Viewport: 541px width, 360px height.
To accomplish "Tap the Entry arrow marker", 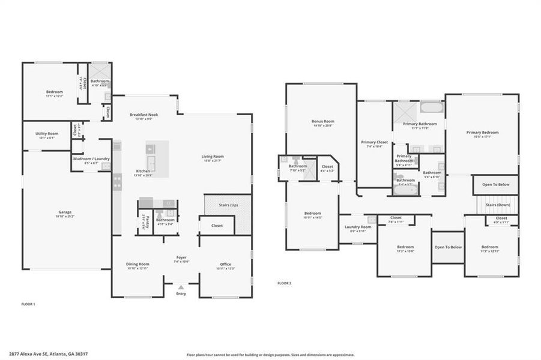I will pyautogui.click(x=181, y=287).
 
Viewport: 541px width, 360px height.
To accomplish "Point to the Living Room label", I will pyautogui.click(x=212, y=157).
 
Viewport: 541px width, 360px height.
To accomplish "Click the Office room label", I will pyautogui.click(x=226, y=264).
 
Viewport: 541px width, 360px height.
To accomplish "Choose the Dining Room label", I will pyautogui.click(x=138, y=264).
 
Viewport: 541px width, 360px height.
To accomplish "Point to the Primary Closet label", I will pyautogui.click(x=374, y=142).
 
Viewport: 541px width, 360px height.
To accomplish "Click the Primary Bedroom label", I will pyautogui.click(x=482, y=133).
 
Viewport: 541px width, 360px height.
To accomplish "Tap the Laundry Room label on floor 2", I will pyautogui.click(x=358, y=227).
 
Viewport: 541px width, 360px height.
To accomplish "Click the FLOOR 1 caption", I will pyautogui.click(x=28, y=304).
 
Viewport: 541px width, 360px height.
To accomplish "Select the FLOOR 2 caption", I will pyautogui.click(x=284, y=283).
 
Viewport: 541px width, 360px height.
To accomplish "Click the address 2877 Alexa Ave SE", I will pyautogui.click(x=42, y=355).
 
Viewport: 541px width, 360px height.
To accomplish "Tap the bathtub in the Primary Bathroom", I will pyautogui.click(x=429, y=109).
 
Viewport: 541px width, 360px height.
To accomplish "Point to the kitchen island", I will pyautogui.click(x=157, y=155).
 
